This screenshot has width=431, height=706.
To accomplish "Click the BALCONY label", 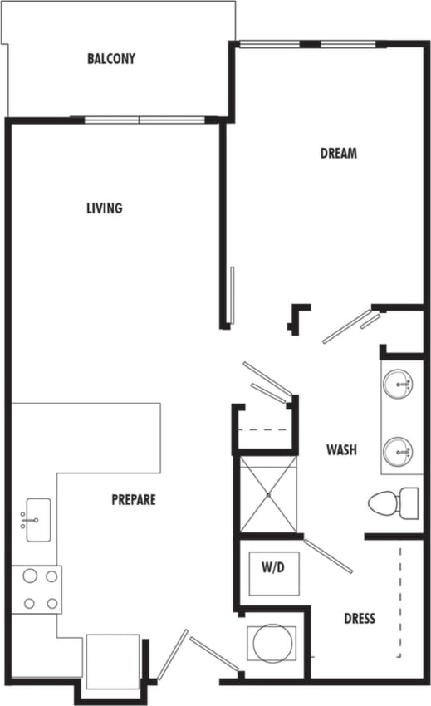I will tap(110, 59).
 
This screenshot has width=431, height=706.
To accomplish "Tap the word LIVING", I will tap(105, 208).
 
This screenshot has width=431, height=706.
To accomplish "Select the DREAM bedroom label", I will tap(339, 153).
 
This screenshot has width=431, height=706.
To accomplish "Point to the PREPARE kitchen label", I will tap(134, 500).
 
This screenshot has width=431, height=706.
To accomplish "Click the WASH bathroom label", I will tap(341, 449).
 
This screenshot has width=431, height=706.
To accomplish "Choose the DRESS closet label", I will tap(360, 618).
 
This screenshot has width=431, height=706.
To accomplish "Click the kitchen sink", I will tap(37, 519).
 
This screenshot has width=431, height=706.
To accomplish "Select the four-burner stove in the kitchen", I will tap(36, 589).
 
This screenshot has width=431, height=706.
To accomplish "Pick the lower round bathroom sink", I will tap(398, 452).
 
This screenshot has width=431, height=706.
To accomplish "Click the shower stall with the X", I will tap(267, 493).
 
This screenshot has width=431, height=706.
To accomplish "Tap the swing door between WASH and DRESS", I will tap(328, 556).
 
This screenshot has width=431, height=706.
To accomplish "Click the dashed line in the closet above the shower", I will tap(264, 429).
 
